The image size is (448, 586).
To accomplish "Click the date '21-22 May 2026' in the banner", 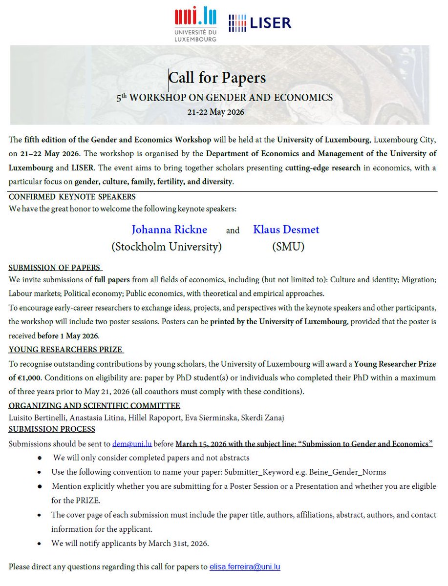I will [215, 112].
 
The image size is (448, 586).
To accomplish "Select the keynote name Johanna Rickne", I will [169, 230].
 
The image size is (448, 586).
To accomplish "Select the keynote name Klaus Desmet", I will [286, 230].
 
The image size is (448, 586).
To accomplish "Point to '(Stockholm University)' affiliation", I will [167, 247].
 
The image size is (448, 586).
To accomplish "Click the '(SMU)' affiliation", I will [288, 247].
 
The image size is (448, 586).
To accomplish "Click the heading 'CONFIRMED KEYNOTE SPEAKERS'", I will [72, 197].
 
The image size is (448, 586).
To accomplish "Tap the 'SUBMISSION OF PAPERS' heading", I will [55, 268].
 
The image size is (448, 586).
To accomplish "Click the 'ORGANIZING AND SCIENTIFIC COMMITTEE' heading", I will [94, 406].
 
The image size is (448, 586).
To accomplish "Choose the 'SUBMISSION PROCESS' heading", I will [52, 429].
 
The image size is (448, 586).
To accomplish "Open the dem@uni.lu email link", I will [132, 444].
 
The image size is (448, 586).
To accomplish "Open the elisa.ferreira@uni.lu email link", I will [245, 567].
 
